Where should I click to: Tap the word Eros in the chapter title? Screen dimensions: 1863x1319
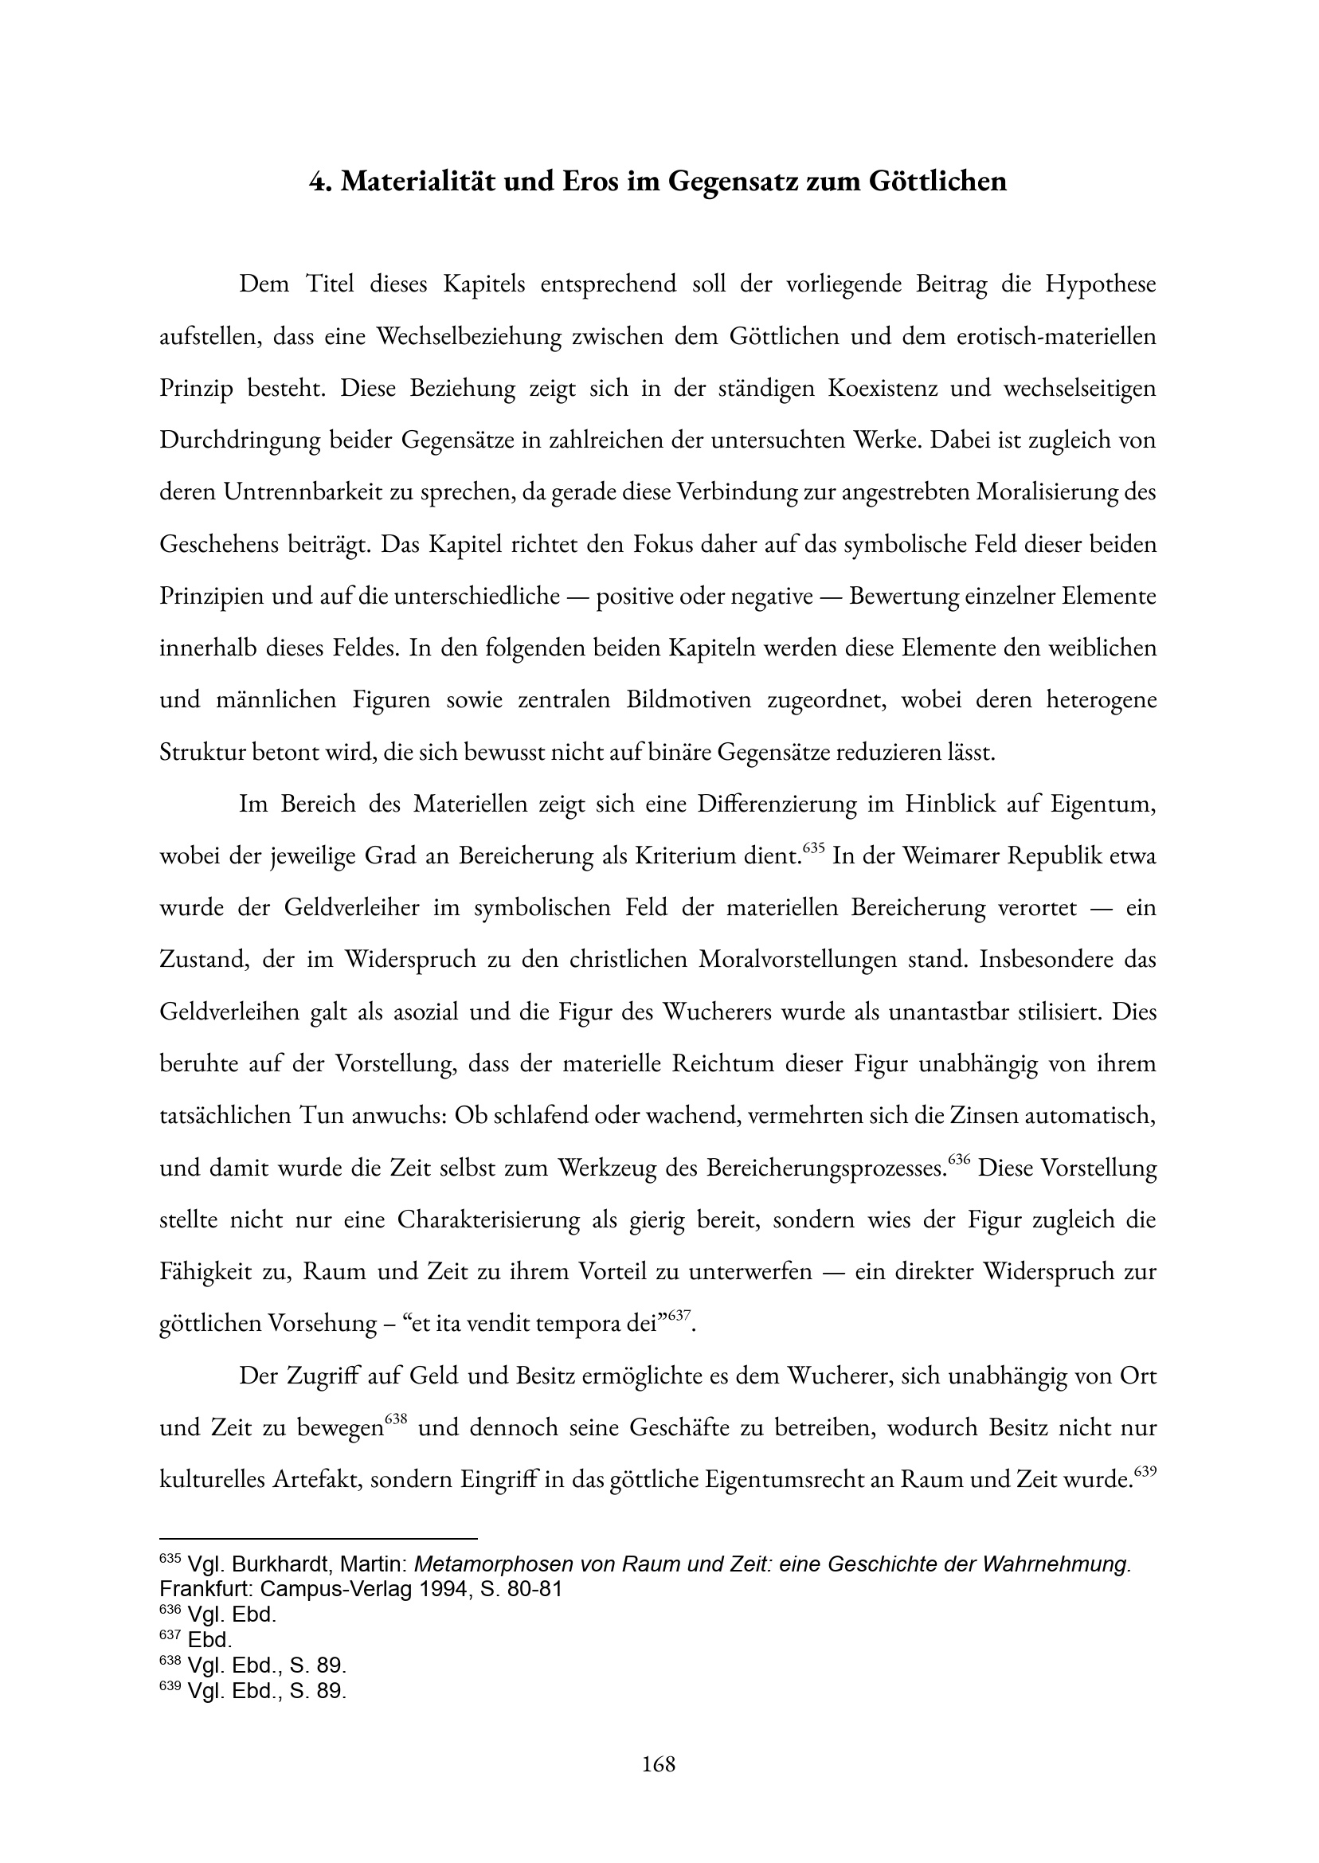(x=590, y=181)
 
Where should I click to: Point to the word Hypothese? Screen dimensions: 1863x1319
(x=1100, y=285)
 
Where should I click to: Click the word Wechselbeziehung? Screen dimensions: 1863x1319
(x=468, y=337)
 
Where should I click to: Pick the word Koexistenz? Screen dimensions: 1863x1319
(x=880, y=389)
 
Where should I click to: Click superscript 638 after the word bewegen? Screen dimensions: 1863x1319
(x=396, y=1419)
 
